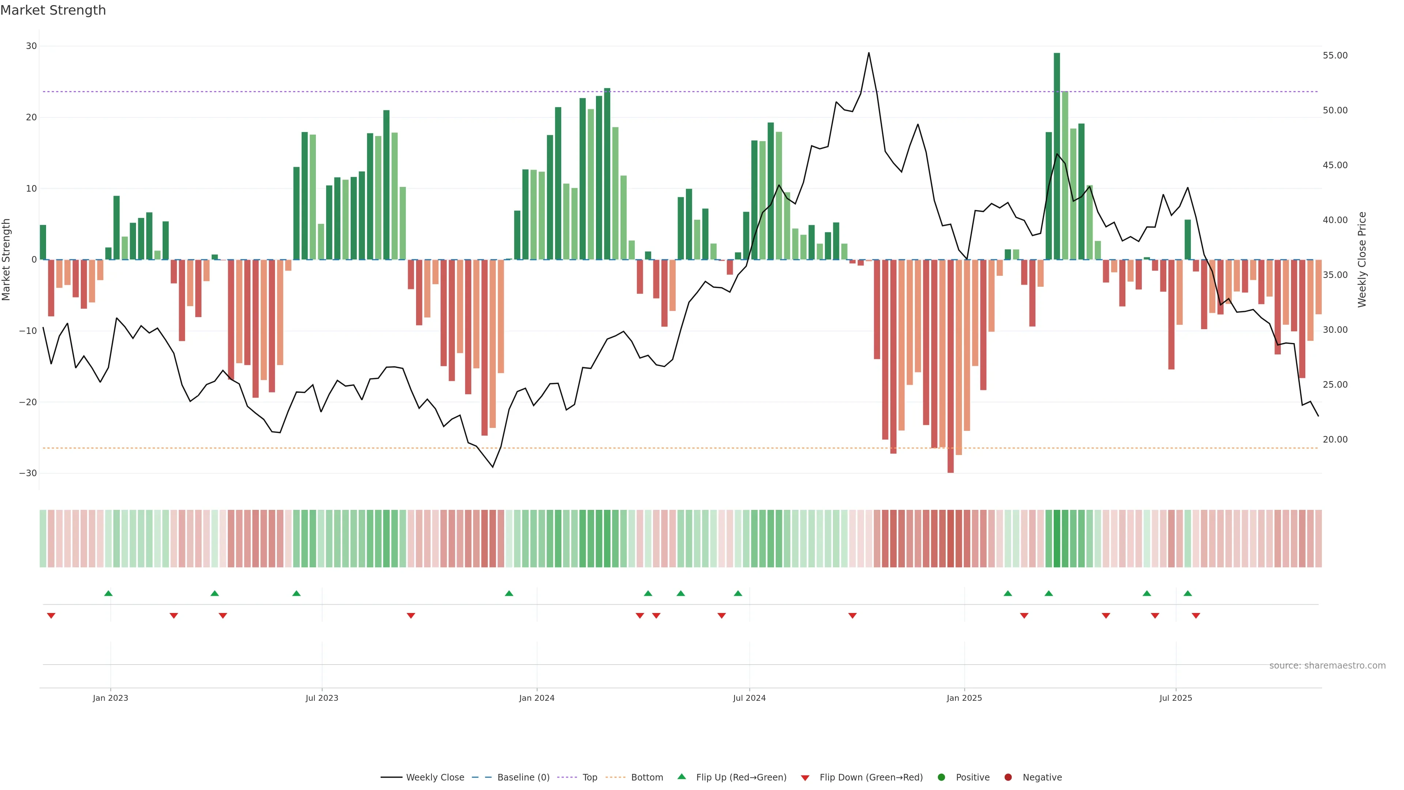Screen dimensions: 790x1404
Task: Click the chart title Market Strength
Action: point(53,10)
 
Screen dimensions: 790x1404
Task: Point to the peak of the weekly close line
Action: point(868,53)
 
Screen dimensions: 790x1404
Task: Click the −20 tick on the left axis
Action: point(28,402)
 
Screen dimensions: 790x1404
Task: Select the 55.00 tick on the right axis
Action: point(1335,56)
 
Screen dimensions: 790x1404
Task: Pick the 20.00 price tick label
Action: point(1335,439)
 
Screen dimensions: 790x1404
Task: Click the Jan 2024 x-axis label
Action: point(536,698)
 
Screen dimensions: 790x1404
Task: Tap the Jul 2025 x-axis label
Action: point(1175,698)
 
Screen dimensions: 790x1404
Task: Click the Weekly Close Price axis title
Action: point(1362,260)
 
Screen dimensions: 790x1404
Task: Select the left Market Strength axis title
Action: point(7,260)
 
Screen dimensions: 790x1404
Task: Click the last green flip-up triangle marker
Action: point(1187,593)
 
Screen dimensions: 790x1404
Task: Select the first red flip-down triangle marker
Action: point(51,616)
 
